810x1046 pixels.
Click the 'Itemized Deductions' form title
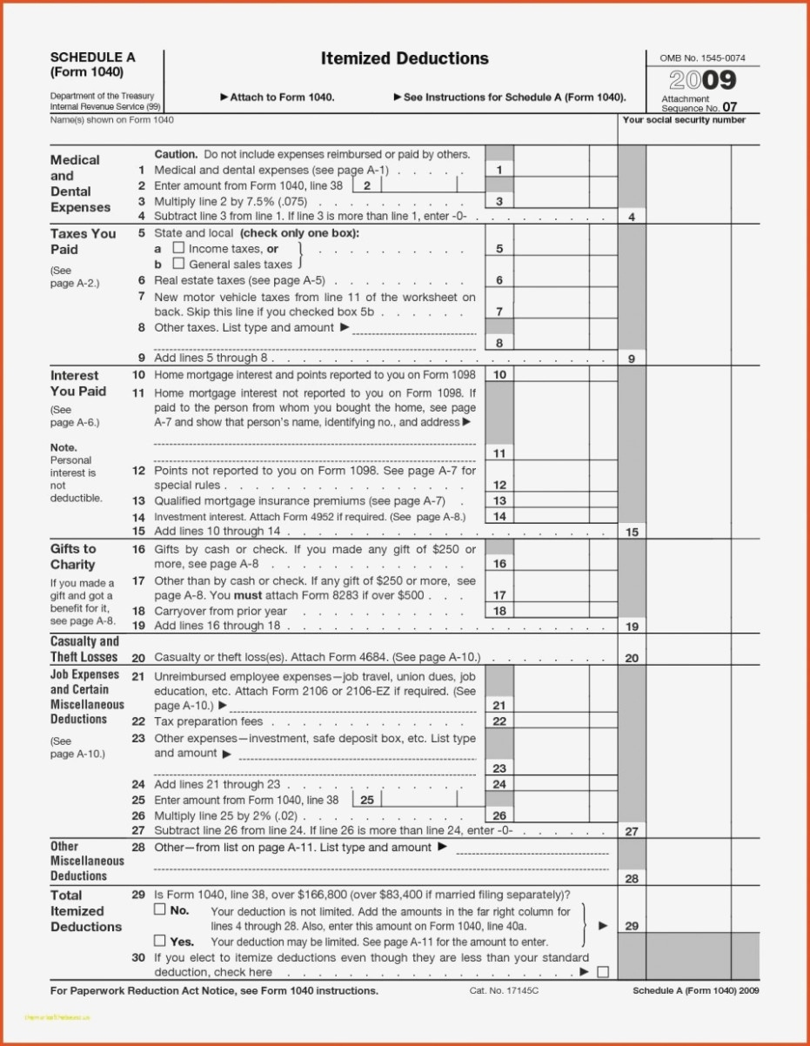click(x=405, y=59)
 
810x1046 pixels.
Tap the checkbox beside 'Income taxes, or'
click(x=178, y=249)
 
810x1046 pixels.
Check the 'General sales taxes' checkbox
click(x=178, y=264)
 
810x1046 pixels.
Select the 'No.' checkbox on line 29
click(x=159, y=909)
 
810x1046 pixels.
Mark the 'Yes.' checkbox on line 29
click(x=159, y=941)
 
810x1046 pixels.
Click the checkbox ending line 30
click(x=602, y=971)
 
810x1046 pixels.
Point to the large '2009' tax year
click(x=703, y=81)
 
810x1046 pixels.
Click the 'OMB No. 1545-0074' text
click(x=702, y=58)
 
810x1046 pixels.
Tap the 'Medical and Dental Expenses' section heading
click(x=81, y=184)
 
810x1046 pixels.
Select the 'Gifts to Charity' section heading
click(x=73, y=557)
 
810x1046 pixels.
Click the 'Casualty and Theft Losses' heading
click(x=84, y=649)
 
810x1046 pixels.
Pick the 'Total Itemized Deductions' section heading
click(x=85, y=911)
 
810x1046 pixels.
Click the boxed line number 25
click(x=366, y=799)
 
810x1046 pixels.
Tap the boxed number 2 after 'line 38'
click(x=366, y=185)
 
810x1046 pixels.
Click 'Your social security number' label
click(x=684, y=120)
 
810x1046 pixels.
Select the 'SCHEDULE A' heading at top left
click(x=93, y=57)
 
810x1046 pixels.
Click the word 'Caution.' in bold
click(x=176, y=154)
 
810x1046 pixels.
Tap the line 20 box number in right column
click(x=632, y=658)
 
